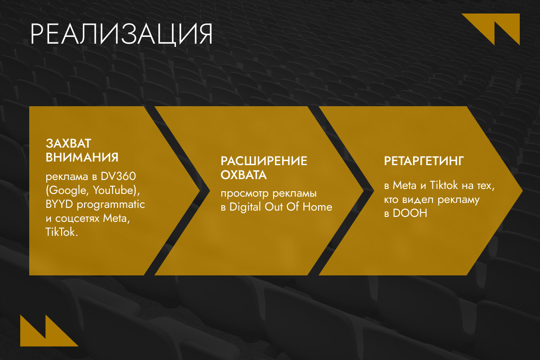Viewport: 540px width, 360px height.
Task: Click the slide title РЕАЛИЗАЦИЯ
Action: coord(121,34)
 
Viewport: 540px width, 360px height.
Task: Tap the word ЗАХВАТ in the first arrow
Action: coord(68,144)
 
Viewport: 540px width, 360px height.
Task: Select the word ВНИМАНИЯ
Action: coord(82,157)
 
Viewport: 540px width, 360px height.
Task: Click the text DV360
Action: coord(118,176)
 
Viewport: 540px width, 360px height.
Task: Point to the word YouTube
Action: coord(113,190)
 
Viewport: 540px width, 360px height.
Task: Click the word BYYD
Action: coord(59,204)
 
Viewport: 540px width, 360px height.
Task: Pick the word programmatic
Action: coord(111,205)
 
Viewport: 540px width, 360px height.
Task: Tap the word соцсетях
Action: coord(77,218)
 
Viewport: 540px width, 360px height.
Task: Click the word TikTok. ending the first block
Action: coord(62,232)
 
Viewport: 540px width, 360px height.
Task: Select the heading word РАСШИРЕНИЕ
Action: coord(264,161)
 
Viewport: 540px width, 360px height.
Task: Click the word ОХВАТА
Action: coord(244,175)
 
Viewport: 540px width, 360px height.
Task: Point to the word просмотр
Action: coord(245,194)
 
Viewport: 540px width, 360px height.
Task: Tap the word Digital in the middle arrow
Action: coord(245,207)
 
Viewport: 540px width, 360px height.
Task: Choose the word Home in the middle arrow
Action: coord(318,207)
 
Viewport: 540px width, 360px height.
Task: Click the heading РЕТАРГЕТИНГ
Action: coord(424,161)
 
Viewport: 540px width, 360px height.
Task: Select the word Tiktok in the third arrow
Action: coord(444,185)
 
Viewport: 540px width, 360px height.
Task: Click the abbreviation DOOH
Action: coord(410,213)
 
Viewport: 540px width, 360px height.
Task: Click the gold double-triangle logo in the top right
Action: coord(490,29)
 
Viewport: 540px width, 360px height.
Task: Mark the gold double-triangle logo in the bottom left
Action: coord(49,330)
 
